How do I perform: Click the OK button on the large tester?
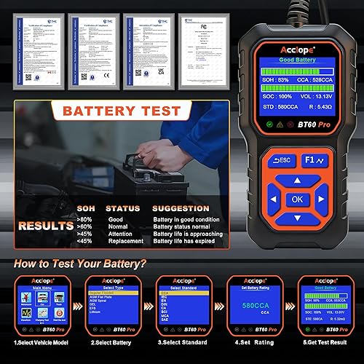[297, 198]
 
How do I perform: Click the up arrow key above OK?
[297, 179]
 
